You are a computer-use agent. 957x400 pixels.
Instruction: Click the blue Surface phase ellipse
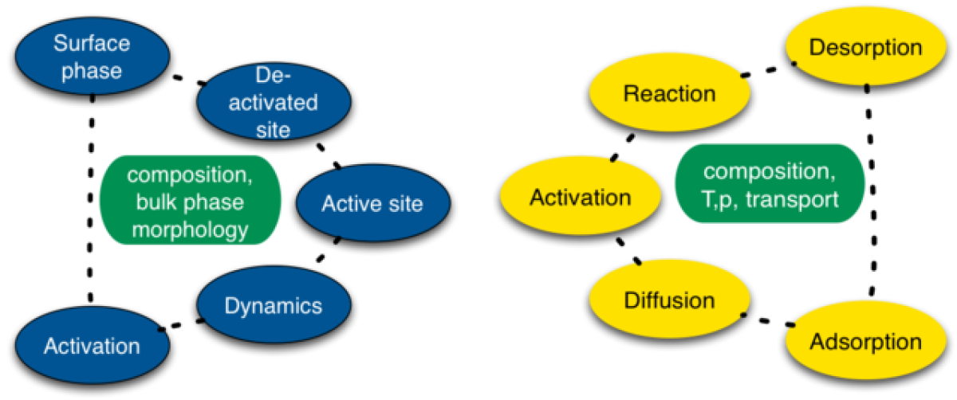(x=92, y=56)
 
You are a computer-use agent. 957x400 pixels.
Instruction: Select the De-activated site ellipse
(x=274, y=102)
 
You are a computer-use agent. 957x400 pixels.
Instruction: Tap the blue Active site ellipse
(x=372, y=203)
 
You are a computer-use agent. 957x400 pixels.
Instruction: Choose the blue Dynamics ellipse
(x=274, y=306)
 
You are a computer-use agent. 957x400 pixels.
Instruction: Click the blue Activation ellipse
(x=92, y=346)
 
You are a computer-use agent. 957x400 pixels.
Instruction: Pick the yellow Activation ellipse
(x=580, y=198)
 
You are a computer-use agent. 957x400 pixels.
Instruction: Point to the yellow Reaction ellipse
(x=669, y=94)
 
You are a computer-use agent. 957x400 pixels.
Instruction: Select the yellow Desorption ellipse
(x=865, y=48)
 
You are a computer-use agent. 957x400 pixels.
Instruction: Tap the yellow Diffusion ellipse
(x=669, y=301)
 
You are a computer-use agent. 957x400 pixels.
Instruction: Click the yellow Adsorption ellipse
(x=865, y=343)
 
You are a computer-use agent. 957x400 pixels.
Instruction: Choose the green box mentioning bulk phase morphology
(x=191, y=202)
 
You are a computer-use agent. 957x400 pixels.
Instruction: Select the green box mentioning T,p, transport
(x=770, y=186)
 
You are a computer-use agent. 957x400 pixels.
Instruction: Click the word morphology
(x=191, y=230)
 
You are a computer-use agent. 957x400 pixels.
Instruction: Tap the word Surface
(x=92, y=42)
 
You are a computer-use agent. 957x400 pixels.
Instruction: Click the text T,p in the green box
(x=723, y=198)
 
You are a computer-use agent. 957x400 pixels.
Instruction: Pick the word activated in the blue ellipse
(x=274, y=103)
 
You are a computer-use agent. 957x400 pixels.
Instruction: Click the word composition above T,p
(x=770, y=171)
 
